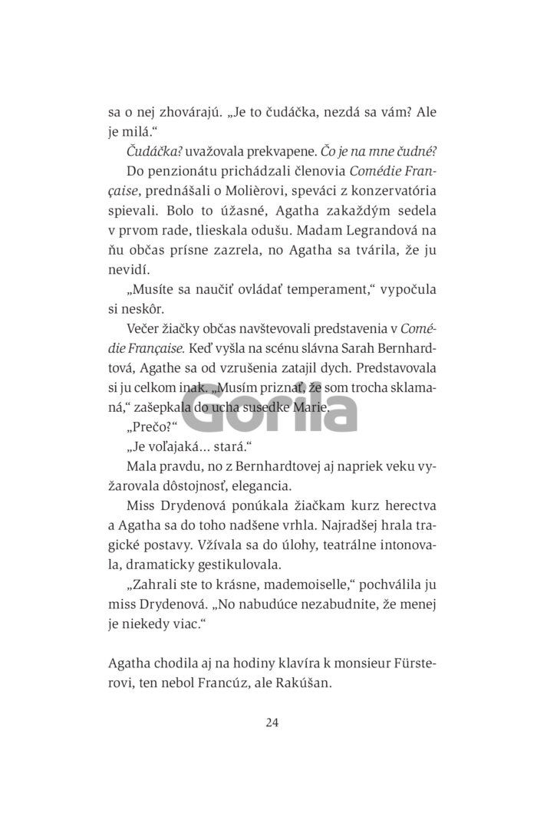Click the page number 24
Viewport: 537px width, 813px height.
[268, 722]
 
